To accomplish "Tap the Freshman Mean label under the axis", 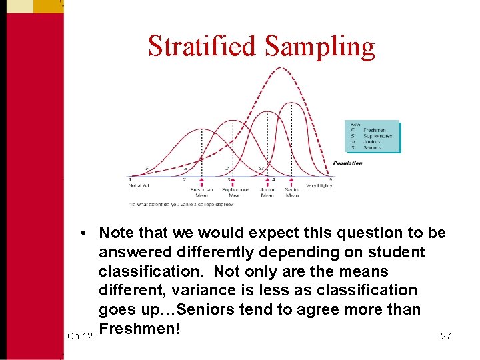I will click(x=201, y=193).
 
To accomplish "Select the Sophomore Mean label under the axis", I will click(x=235, y=193).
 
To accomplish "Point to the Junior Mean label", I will click(x=267, y=193).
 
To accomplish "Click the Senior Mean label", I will click(x=292, y=193).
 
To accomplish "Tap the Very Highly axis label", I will click(x=319, y=186).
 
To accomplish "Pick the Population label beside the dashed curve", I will click(x=348, y=163).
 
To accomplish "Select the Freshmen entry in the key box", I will click(x=374, y=130).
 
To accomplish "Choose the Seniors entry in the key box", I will click(x=372, y=147).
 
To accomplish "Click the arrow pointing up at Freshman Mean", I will click(x=201, y=181).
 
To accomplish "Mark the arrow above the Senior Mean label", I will click(x=292, y=181).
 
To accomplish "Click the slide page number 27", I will click(x=446, y=336).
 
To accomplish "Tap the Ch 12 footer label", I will click(x=80, y=336).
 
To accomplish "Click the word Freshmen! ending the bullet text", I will click(x=139, y=329).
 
